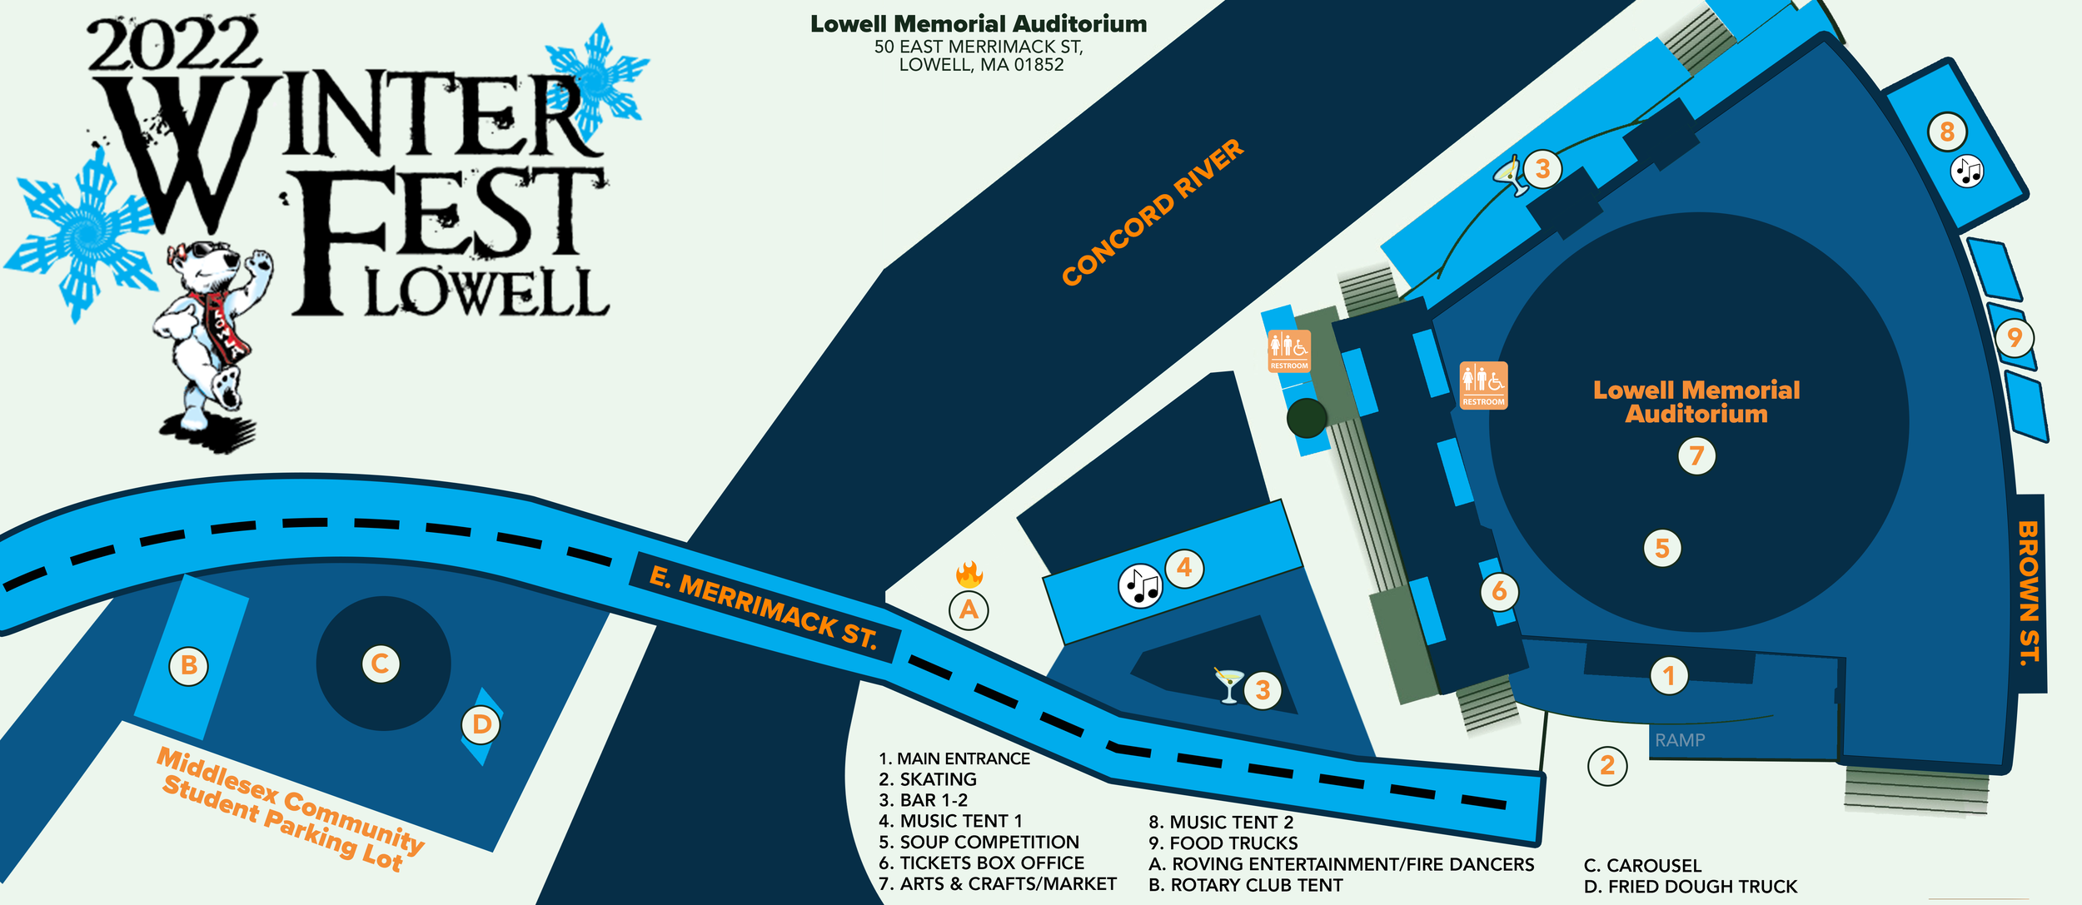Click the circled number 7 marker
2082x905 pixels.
click(1696, 456)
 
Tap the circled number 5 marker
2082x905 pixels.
click(1662, 549)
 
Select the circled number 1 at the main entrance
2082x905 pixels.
click(1669, 676)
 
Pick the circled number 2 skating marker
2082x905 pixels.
click(1607, 765)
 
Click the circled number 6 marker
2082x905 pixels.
click(1499, 591)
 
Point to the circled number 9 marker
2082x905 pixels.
click(2015, 338)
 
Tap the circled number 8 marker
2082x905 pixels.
click(1947, 132)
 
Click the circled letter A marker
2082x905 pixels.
click(969, 610)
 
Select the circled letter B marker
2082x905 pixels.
click(189, 666)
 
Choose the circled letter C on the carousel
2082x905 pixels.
click(381, 664)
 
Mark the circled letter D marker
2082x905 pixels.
click(481, 725)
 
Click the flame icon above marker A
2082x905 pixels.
click(969, 573)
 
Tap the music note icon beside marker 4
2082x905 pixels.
click(1139, 586)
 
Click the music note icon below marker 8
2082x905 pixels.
click(1967, 172)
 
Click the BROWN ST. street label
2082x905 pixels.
click(2030, 593)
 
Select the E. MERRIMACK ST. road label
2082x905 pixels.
click(763, 607)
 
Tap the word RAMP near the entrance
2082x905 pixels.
click(1680, 740)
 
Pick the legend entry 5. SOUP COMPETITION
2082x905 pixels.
click(979, 842)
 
